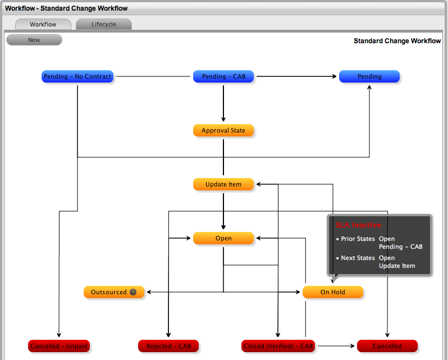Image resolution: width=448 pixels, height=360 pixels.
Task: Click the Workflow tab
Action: coord(43,25)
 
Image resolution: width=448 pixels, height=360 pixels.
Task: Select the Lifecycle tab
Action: coord(104,25)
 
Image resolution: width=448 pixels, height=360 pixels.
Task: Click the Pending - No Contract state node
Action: coord(77,76)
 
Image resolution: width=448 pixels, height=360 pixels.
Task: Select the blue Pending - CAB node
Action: coord(223,76)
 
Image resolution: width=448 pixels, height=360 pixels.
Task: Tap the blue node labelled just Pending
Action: coord(369,76)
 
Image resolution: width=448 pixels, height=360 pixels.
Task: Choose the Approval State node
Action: coord(223,131)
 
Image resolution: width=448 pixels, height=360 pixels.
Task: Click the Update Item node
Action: coord(223,184)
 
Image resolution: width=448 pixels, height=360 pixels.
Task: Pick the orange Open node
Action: coord(223,238)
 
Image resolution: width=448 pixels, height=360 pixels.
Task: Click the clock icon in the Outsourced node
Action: coord(133,292)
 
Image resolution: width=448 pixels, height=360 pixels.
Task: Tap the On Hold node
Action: coord(333,292)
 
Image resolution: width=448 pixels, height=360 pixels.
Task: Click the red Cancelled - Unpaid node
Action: coord(59,346)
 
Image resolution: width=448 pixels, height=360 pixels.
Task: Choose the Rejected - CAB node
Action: coord(168,346)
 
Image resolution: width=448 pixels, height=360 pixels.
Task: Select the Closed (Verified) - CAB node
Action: coord(278,346)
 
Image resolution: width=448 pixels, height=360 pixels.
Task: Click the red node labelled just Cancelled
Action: coord(387,346)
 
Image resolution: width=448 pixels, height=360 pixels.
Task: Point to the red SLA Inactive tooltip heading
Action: coord(359,225)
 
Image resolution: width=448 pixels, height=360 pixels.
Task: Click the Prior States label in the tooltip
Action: coord(358,239)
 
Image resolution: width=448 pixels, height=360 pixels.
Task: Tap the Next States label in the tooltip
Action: coord(358,258)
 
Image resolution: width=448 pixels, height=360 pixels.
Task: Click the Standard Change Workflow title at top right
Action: coord(397,41)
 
